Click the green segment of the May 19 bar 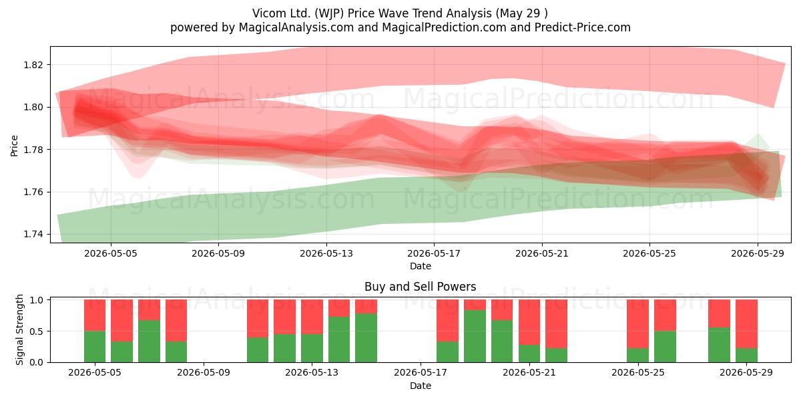click(475, 336)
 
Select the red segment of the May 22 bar click(557, 324)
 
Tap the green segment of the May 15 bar click(366, 338)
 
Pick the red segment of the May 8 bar click(176, 320)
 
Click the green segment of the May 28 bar click(719, 345)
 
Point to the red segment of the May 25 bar click(637, 324)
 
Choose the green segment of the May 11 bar click(258, 350)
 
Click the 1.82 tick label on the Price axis click(33, 65)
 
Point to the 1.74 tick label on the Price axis click(33, 235)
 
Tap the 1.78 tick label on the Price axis click(33, 150)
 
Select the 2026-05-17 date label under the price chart click(434, 253)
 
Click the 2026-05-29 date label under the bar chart click(746, 373)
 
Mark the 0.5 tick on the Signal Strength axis click(36, 331)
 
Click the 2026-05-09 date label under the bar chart click(204, 373)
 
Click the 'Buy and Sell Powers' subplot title click(420, 287)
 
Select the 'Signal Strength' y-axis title click(19, 329)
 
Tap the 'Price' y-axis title click(14, 146)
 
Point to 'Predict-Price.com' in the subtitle click(583, 27)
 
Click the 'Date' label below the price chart click(420, 266)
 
